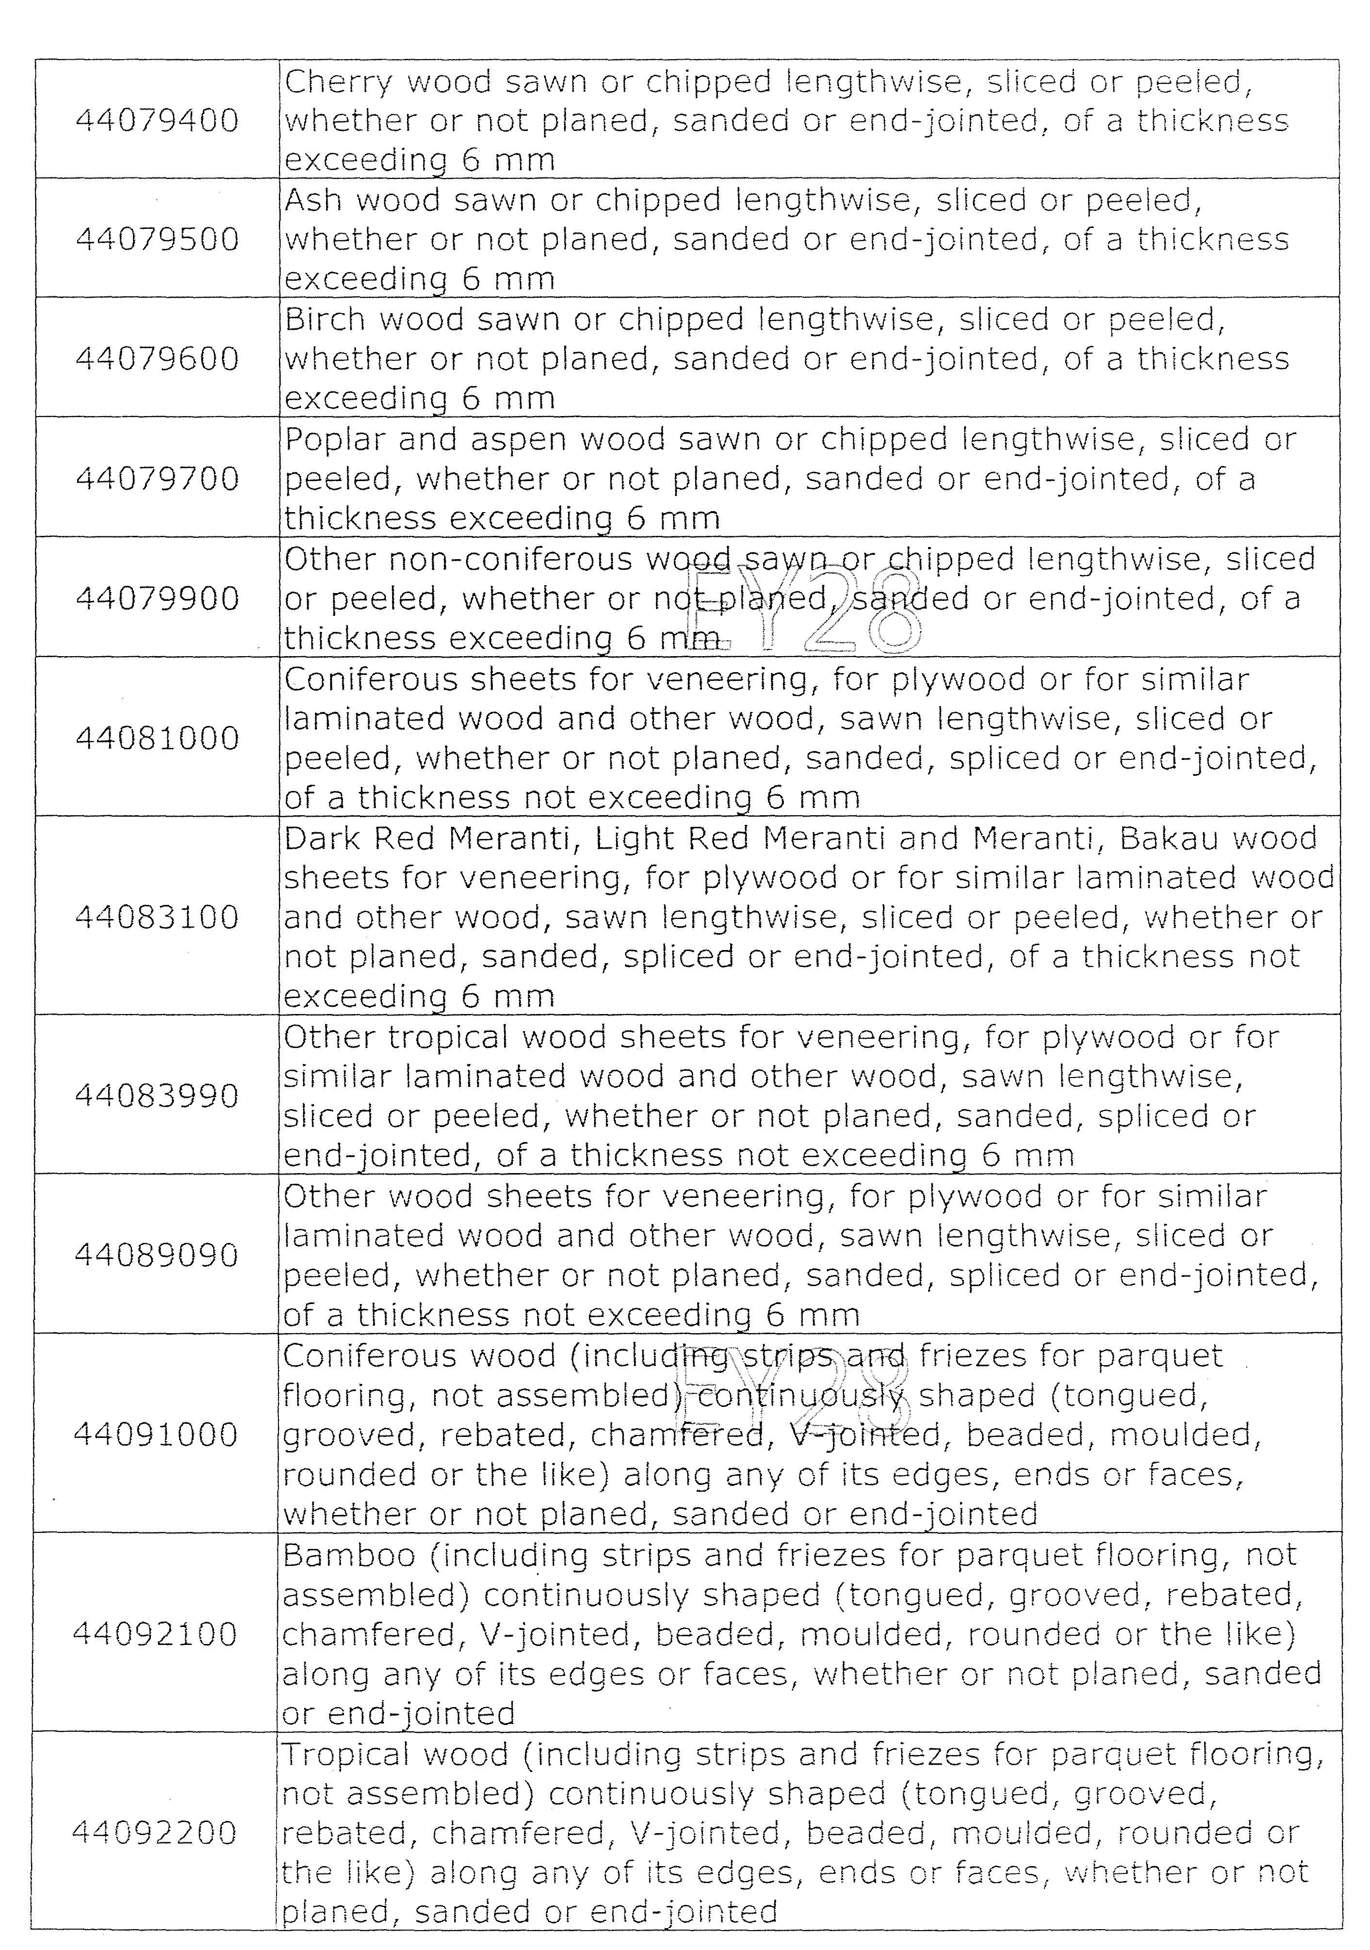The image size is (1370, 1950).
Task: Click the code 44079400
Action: click(157, 121)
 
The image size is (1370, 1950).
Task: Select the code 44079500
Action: click(157, 240)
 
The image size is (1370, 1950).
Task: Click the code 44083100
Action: click(157, 917)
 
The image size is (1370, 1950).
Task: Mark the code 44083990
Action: click(157, 1096)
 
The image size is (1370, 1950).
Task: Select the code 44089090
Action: click(157, 1255)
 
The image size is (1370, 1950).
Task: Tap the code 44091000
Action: click(155, 1434)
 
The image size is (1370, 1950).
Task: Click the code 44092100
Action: click(155, 1633)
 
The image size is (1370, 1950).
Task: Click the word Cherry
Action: click(338, 82)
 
